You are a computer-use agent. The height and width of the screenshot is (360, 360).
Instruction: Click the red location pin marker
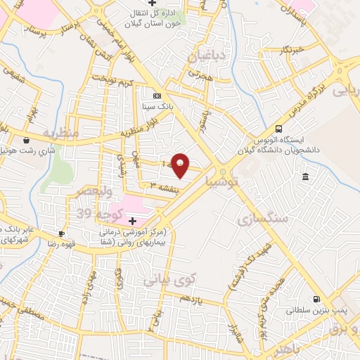pos(181,165)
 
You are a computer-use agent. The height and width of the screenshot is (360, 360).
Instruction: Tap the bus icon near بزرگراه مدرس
pos(279,129)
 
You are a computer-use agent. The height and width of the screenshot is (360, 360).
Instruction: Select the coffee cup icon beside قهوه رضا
pos(62,233)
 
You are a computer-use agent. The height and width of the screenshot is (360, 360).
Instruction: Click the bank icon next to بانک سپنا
pos(157,96)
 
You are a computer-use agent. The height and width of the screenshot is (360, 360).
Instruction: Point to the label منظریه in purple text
pos(58,131)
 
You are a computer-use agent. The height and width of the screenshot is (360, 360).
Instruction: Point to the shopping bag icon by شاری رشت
pos(27,139)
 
